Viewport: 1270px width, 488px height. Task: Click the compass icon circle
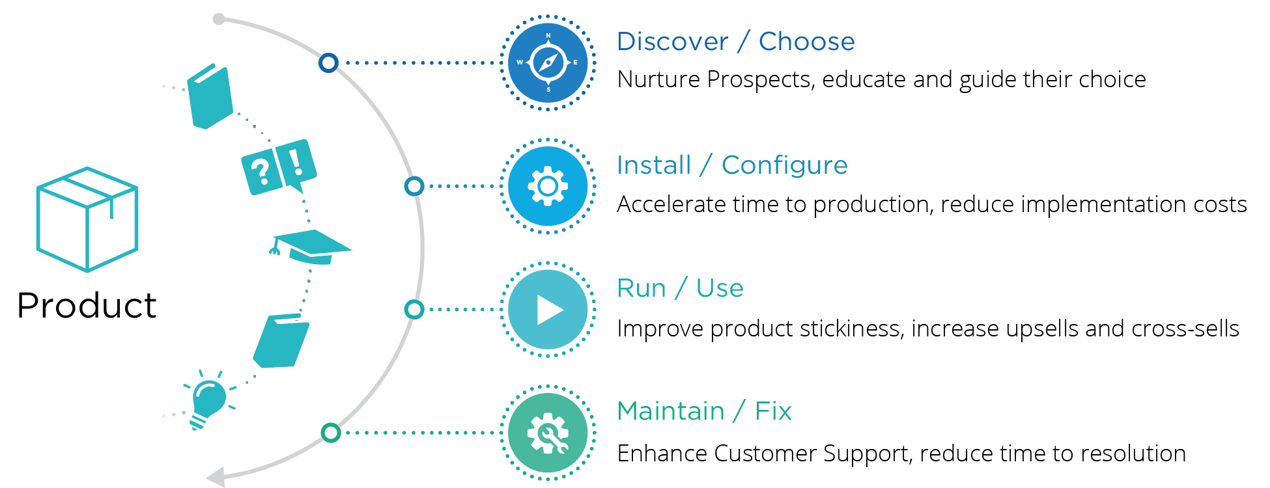tap(548, 63)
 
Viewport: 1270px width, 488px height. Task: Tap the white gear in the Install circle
tap(548, 186)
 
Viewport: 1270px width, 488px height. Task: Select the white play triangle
tap(549, 310)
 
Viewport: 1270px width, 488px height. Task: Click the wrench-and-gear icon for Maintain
tap(548, 433)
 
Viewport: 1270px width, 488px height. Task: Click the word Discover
tap(672, 42)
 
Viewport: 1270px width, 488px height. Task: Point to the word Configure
tap(784, 165)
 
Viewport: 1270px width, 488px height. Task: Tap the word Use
tap(720, 288)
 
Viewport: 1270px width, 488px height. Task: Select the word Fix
tap(773, 411)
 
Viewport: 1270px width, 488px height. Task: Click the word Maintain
tap(670, 411)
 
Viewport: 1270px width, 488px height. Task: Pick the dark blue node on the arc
tap(328, 63)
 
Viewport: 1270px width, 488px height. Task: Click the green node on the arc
tap(331, 433)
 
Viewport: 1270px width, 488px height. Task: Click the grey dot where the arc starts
tap(219, 20)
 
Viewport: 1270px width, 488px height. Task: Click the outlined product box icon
tap(87, 219)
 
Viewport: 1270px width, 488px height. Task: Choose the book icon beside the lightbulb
tap(282, 340)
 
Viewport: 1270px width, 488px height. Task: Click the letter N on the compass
tap(548, 36)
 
